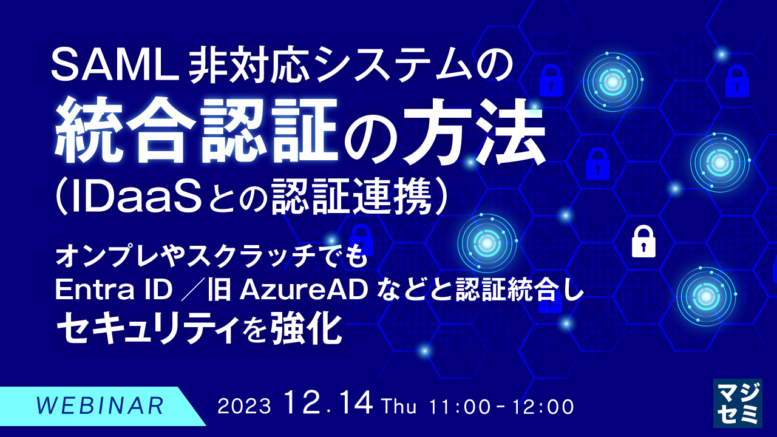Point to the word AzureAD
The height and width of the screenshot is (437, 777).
coord(304,291)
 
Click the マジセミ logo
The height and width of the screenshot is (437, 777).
coord(737,403)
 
